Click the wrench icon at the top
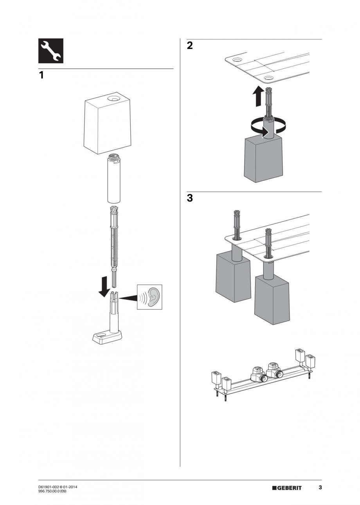pyautogui.click(x=51, y=51)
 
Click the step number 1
pyautogui.click(x=41, y=75)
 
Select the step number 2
pyautogui.click(x=190, y=46)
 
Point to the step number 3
pyautogui.click(x=190, y=198)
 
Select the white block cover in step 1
pyautogui.click(x=107, y=123)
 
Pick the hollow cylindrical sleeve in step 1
pyautogui.click(x=114, y=178)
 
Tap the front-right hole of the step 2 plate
pyautogui.click(x=268, y=78)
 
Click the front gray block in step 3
pyautogui.click(x=272, y=300)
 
